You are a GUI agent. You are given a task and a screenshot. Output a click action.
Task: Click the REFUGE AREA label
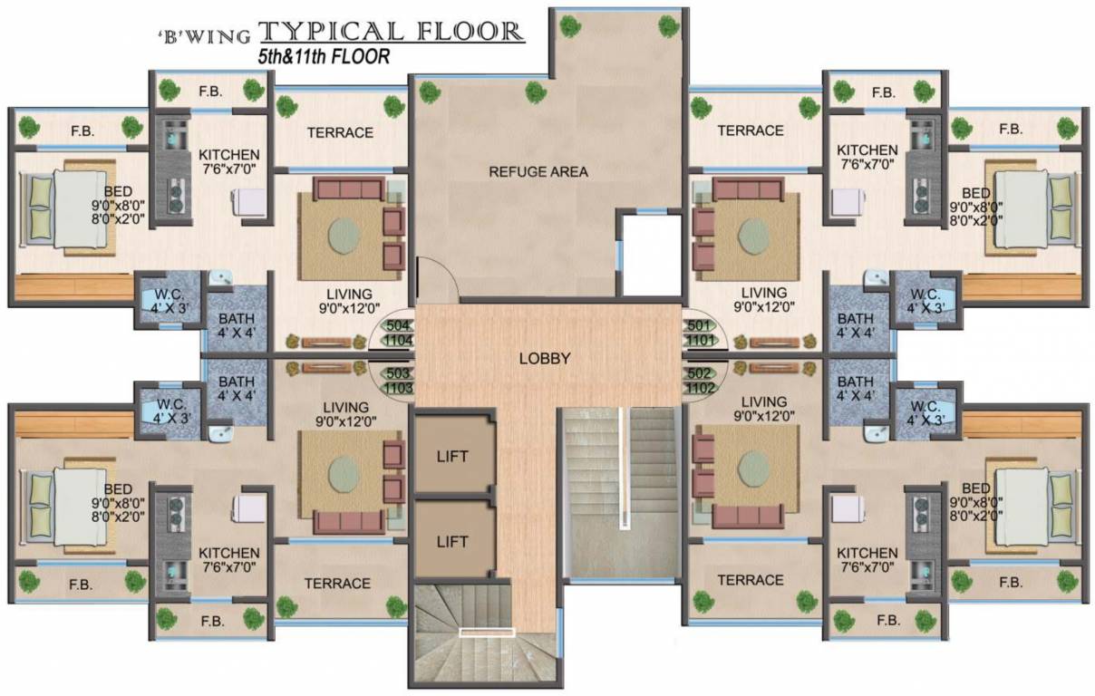(x=538, y=171)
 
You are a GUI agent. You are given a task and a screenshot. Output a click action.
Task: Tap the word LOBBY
(x=545, y=358)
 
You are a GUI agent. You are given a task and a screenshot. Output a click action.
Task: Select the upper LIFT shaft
(x=452, y=456)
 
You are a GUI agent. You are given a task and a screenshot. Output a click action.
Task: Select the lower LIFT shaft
(x=452, y=541)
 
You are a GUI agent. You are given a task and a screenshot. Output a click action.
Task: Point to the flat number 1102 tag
(x=698, y=388)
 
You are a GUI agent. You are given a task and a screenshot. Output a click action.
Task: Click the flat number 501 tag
(x=698, y=325)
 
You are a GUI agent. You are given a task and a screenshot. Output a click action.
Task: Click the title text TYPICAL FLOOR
(x=392, y=33)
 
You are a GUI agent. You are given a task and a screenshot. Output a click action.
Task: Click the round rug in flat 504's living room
(x=344, y=234)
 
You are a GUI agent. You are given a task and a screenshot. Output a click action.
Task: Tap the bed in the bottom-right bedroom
(x=1031, y=507)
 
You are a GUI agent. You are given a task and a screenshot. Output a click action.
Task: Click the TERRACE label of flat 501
(x=751, y=130)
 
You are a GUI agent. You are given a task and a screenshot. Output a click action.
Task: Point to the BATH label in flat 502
(x=856, y=388)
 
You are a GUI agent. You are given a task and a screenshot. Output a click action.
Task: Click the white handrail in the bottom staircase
(x=487, y=633)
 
